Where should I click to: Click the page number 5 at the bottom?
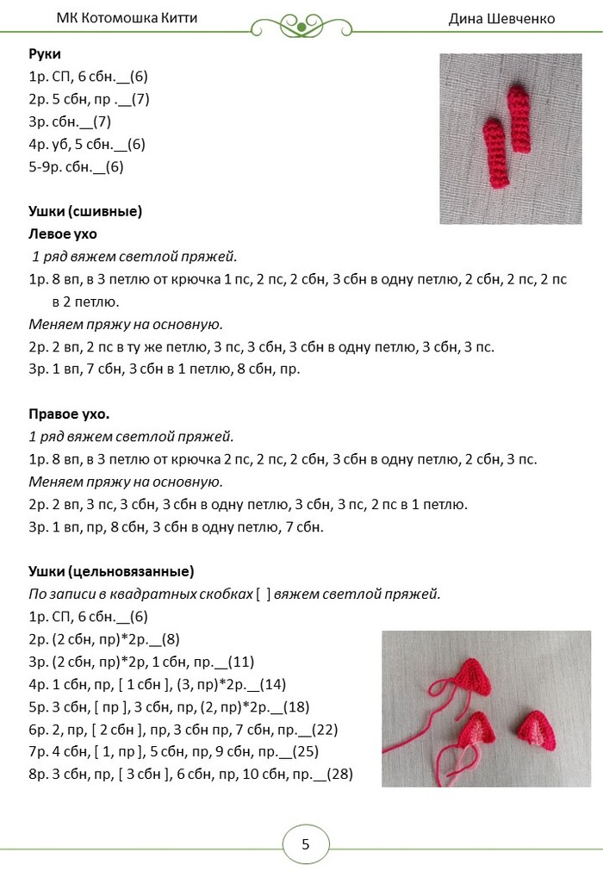click(x=305, y=844)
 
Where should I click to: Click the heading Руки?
click(x=45, y=53)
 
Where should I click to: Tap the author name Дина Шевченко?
click(x=501, y=18)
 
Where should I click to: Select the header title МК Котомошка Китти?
click(x=127, y=18)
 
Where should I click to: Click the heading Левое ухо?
click(x=63, y=233)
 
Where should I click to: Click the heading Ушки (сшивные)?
click(x=85, y=211)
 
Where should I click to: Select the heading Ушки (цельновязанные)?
click(x=111, y=571)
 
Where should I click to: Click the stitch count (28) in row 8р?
click(x=339, y=774)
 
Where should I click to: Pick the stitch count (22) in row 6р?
click(x=324, y=729)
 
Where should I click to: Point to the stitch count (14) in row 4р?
click(x=271, y=684)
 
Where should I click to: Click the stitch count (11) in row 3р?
click(x=240, y=662)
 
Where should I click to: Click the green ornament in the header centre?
click(x=301, y=26)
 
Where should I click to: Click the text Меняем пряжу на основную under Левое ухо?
click(x=126, y=324)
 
